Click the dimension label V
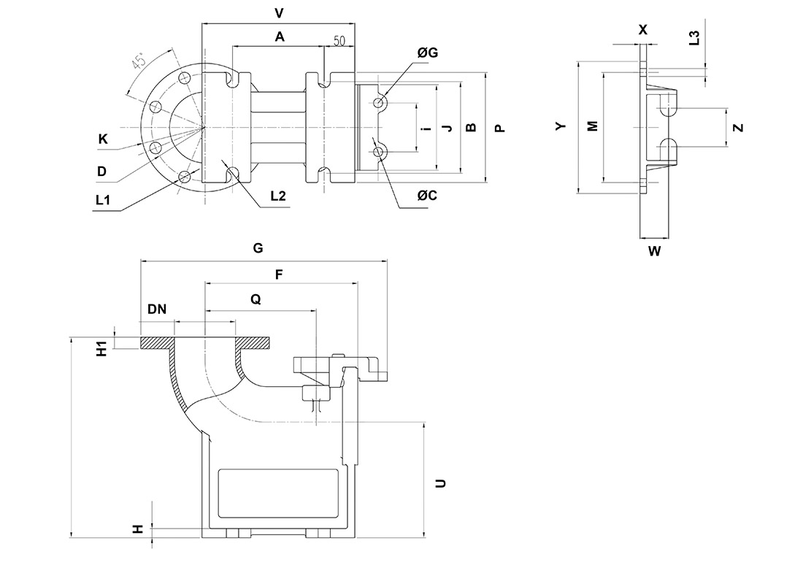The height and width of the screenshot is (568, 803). click(277, 13)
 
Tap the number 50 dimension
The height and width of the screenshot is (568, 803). click(339, 41)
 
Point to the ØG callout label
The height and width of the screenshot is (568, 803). click(428, 53)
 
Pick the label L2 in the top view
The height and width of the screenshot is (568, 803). click(278, 196)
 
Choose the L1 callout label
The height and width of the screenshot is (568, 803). click(103, 199)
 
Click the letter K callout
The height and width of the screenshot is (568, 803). click(103, 138)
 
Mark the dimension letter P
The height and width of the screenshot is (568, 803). click(499, 128)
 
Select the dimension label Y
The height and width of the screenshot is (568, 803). click(561, 126)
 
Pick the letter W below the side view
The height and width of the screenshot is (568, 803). click(654, 252)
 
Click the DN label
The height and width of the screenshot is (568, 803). click(157, 309)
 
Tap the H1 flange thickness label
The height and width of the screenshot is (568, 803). click(103, 348)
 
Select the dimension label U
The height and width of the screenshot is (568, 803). click(440, 483)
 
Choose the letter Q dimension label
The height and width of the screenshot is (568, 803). click(254, 299)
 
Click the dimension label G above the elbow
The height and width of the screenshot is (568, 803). click(258, 248)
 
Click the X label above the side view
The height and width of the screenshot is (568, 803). click(642, 30)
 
